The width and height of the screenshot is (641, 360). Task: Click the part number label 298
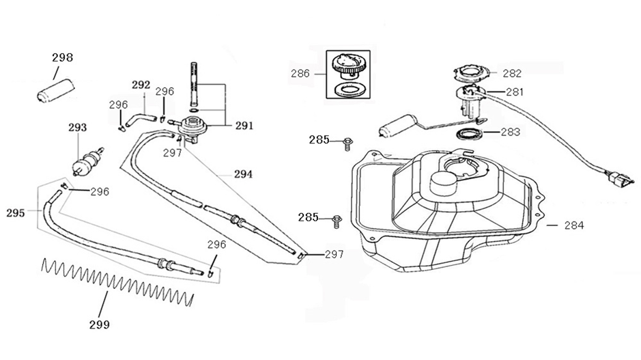(x=63, y=58)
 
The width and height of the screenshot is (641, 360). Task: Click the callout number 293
(x=78, y=127)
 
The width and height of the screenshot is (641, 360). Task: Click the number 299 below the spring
(x=100, y=324)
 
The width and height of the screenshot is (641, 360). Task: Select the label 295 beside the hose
(x=16, y=212)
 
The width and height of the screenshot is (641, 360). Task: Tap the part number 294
(x=242, y=174)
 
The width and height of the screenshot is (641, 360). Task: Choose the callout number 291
(x=244, y=126)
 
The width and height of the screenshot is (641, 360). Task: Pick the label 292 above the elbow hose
(x=141, y=85)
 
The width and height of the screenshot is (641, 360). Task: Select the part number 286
(x=300, y=73)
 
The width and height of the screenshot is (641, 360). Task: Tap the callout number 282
(x=512, y=74)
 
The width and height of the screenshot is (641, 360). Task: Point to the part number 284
(x=574, y=225)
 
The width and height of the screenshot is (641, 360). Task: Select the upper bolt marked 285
(x=348, y=141)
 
